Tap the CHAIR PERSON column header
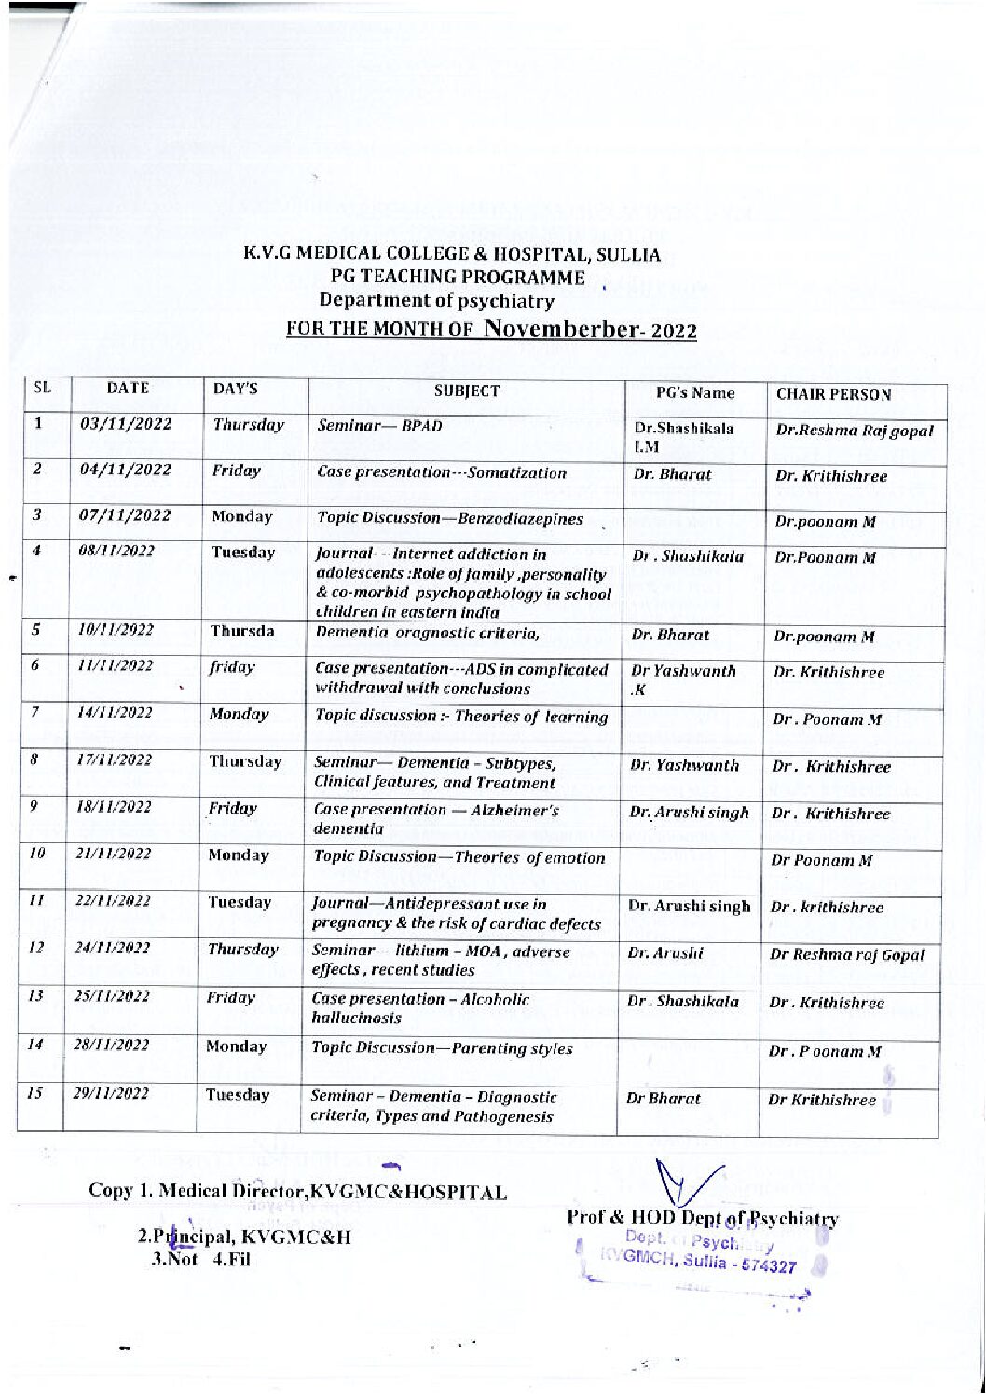coord(833,394)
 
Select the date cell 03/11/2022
coord(126,425)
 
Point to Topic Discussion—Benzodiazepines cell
coord(450,519)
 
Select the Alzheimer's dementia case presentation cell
coord(436,818)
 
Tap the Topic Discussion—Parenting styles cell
coord(443,1048)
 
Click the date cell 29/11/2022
coord(111,1095)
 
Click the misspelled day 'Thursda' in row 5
coord(241,631)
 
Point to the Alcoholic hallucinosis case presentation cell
coord(422,1008)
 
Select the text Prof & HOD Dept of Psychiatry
coord(702,1219)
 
